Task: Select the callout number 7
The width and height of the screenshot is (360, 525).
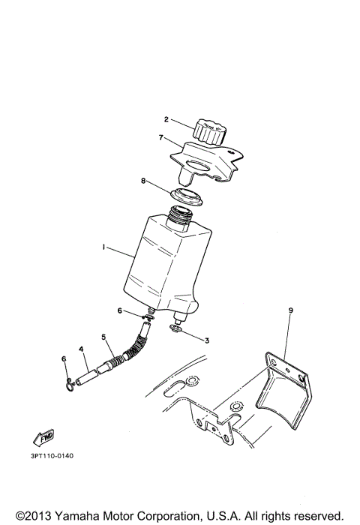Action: tap(160, 138)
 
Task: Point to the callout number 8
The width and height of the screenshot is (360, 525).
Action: tap(144, 181)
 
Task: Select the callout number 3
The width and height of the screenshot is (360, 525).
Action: tap(207, 340)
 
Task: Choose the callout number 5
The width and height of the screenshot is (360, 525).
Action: tap(103, 336)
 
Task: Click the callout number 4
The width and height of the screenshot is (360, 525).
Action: tap(80, 348)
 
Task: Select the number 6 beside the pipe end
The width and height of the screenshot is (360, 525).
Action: tap(64, 359)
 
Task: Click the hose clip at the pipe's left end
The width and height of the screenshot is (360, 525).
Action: tap(68, 385)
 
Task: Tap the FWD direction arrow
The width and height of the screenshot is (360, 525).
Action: tap(45, 436)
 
